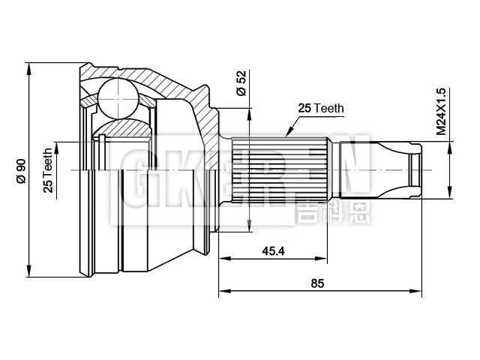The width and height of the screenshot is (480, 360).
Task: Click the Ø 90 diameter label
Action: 21,171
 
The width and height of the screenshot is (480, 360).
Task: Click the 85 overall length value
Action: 317,283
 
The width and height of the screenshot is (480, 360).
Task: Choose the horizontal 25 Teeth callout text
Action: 321,109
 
